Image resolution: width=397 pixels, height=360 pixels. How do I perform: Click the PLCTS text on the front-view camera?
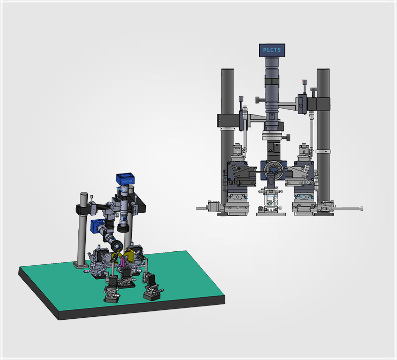[272, 50]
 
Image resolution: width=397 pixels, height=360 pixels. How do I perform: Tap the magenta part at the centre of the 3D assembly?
[122, 262]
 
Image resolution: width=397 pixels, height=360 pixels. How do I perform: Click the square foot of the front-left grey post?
[81, 265]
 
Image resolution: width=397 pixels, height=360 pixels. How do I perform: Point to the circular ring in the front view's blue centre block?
[273, 170]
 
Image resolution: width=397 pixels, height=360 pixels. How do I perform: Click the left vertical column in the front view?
[228, 137]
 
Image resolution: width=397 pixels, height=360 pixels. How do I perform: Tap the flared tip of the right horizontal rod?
[361, 208]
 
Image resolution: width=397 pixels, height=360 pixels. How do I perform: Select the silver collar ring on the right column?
[324, 151]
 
